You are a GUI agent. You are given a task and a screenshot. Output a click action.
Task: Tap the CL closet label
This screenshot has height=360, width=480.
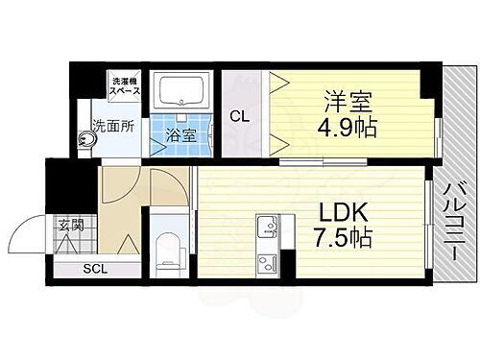point(241,116)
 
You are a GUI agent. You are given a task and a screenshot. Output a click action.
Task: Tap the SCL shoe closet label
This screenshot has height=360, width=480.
point(93,269)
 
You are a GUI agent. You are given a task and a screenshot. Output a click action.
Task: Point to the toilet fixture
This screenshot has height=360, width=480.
point(169,247)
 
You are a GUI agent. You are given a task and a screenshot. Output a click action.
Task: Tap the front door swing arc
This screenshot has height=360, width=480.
point(27,237)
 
